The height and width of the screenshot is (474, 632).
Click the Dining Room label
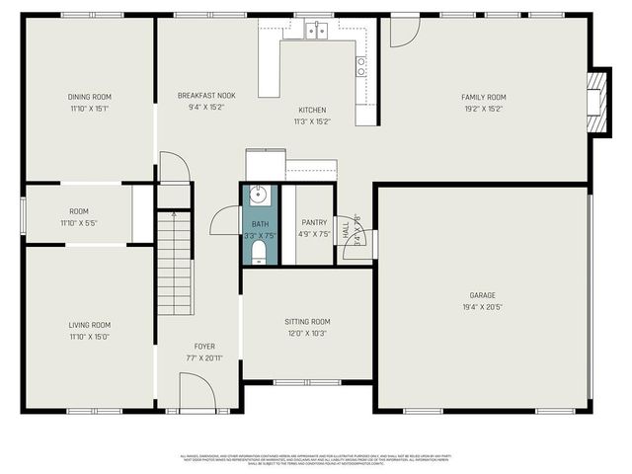click(89, 97)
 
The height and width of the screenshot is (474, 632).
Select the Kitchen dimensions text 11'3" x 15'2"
click(313, 122)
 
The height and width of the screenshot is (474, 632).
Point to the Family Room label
click(484, 97)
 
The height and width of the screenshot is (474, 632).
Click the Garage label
click(482, 295)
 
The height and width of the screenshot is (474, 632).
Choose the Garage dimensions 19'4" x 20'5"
click(482, 307)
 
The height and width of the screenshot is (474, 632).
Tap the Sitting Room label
click(307, 322)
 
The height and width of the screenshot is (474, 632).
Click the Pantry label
click(314, 223)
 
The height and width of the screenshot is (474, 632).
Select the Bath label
click(260, 225)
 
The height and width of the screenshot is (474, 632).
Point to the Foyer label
click(204, 347)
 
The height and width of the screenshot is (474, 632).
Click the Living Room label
click(89, 325)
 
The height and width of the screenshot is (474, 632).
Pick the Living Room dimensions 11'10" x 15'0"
click(89, 337)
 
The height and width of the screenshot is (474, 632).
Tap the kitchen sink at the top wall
click(316, 31)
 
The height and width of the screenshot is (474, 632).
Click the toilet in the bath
click(259, 255)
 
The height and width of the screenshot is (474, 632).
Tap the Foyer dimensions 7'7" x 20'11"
click(204, 357)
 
